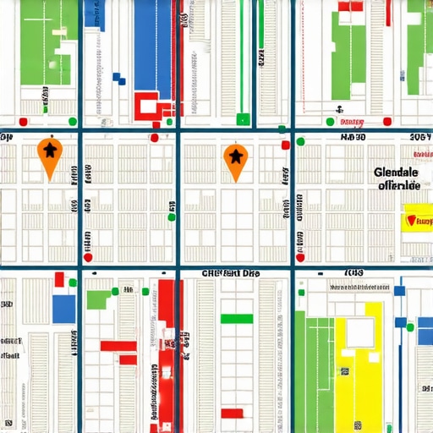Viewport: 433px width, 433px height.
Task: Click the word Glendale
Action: coord(396,172)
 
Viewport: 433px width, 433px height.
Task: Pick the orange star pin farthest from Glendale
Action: coord(50,156)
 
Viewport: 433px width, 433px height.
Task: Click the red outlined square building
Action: coord(150,105)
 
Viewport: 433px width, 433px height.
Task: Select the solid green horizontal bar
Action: coord(236,319)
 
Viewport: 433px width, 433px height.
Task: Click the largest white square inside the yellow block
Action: coord(359,332)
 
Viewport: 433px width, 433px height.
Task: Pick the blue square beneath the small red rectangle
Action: coord(63,309)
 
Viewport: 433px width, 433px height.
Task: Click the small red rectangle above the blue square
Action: coord(59,280)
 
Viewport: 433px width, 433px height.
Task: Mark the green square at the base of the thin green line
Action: coord(244,119)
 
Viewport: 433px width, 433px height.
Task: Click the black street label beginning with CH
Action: coord(231,273)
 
